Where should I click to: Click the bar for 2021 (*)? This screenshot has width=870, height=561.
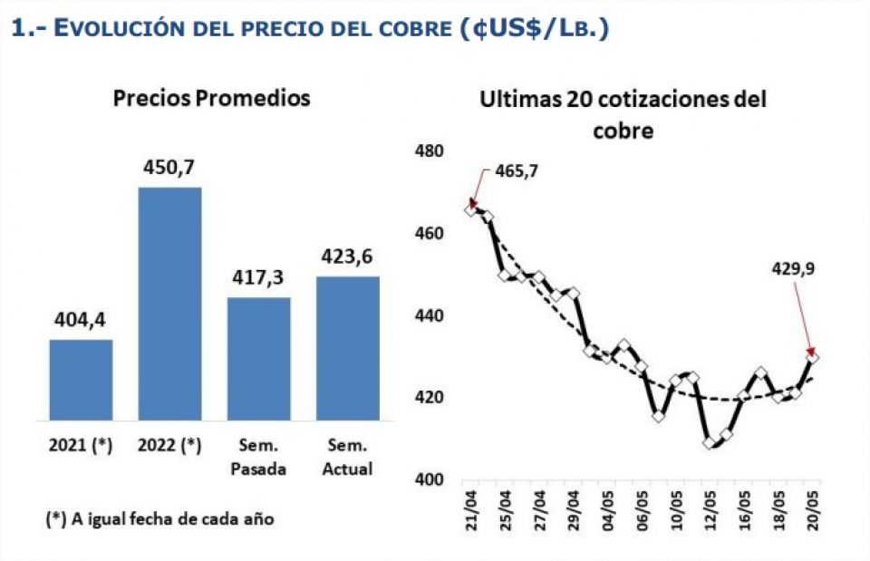(x=81, y=380)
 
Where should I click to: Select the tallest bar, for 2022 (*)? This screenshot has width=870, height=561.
(x=169, y=304)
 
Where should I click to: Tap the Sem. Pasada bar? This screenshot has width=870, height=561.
(x=258, y=359)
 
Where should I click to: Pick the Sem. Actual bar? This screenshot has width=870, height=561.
(x=347, y=348)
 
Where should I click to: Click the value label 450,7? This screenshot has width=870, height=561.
(x=169, y=168)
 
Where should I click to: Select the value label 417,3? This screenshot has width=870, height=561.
(x=258, y=278)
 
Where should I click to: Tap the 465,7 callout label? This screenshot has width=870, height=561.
(x=516, y=170)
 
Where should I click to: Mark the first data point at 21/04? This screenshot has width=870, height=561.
(x=470, y=209)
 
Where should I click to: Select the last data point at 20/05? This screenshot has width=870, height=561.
(x=813, y=358)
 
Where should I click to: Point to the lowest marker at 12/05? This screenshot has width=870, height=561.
(x=710, y=443)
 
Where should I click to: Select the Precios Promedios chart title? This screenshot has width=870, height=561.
(x=211, y=98)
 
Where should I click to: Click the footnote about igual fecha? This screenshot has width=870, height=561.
(x=159, y=519)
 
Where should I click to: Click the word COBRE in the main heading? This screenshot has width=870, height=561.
(x=406, y=29)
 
